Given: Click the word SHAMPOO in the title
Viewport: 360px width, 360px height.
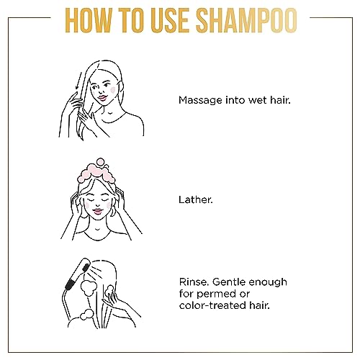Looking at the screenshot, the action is [x=248, y=20].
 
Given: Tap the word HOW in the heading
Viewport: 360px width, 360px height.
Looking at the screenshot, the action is [x=89, y=20].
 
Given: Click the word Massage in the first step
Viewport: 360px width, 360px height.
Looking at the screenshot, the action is [x=200, y=100].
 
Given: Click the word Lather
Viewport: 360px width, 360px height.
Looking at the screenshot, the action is [x=196, y=199].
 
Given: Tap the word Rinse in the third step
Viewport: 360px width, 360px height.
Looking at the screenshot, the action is [x=194, y=282].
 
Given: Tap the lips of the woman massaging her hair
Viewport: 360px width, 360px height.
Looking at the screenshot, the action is [x=102, y=98].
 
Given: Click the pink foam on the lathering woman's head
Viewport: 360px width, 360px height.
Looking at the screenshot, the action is [x=96, y=172].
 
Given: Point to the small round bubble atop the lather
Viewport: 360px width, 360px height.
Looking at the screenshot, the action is [x=100, y=162].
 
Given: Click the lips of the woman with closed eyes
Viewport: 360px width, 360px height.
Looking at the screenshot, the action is [x=98, y=212].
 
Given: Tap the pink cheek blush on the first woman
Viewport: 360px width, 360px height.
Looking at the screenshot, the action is [x=112, y=90].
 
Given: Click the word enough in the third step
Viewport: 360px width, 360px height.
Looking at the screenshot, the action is [x=268, y=283].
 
